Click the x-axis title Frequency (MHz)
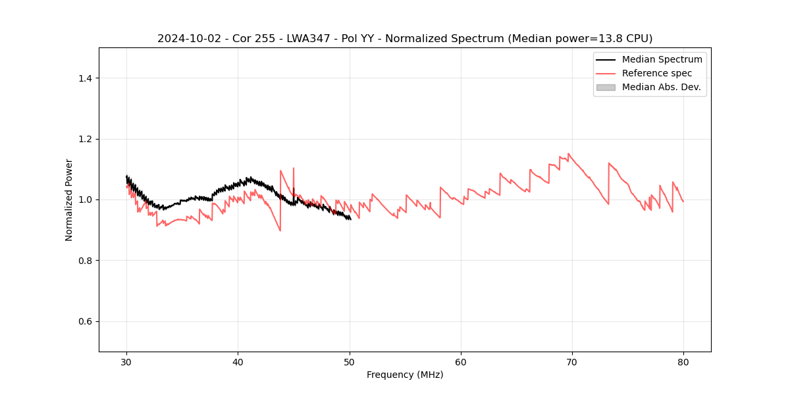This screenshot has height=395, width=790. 405,375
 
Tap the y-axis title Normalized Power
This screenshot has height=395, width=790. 69,199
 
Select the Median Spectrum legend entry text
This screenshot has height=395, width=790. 662,59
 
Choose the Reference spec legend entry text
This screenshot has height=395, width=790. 657,73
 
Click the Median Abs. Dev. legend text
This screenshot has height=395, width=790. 661,87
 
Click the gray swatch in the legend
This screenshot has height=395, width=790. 606,87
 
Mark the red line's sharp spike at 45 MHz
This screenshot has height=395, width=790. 294,169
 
